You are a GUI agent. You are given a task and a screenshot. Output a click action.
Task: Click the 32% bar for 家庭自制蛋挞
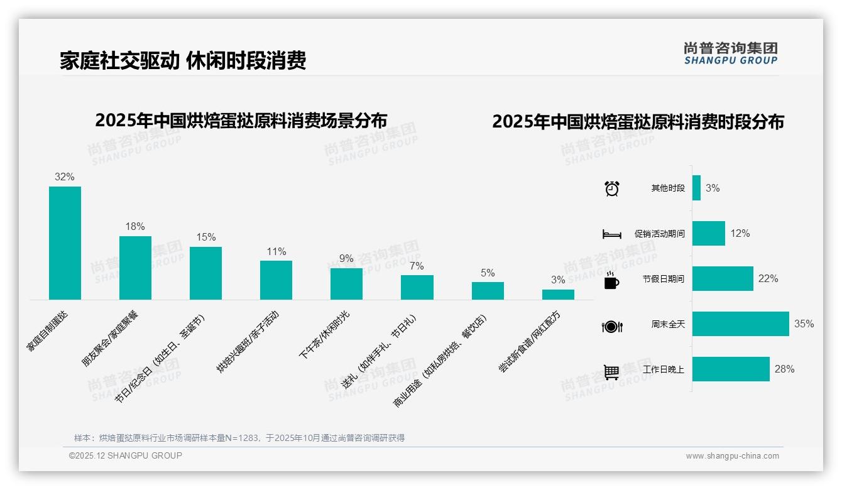[65, 242]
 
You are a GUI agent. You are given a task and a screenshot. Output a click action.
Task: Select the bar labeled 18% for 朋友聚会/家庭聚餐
[135, 268]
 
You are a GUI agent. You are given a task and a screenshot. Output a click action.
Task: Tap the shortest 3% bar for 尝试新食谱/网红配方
[558, 294]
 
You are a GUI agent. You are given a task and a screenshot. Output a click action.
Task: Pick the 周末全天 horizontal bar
[740, 324]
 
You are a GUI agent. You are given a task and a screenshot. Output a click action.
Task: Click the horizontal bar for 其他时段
[696, 188]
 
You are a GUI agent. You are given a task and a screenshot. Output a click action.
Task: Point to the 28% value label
[784, 369]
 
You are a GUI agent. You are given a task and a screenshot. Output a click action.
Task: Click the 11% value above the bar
[276, 252]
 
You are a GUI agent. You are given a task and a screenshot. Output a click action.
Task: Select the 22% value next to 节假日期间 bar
[768, 278]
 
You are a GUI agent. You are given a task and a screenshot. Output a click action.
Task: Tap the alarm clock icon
[611, 188]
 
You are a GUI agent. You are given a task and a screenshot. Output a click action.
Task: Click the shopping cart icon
[611, 372]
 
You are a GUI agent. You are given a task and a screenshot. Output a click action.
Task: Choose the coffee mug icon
[611, 281]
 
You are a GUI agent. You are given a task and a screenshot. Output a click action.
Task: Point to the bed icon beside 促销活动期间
[611, 234]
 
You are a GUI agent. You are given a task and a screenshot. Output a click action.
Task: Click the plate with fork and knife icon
[611, 327]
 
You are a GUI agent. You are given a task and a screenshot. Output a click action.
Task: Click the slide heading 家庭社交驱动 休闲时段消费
[183, 61]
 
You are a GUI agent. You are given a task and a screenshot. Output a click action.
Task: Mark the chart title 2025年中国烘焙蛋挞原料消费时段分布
[638, 122]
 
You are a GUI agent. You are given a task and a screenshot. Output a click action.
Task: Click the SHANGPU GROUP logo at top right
[730, 53]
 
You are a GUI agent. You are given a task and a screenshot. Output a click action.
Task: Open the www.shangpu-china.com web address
[732, 456]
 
